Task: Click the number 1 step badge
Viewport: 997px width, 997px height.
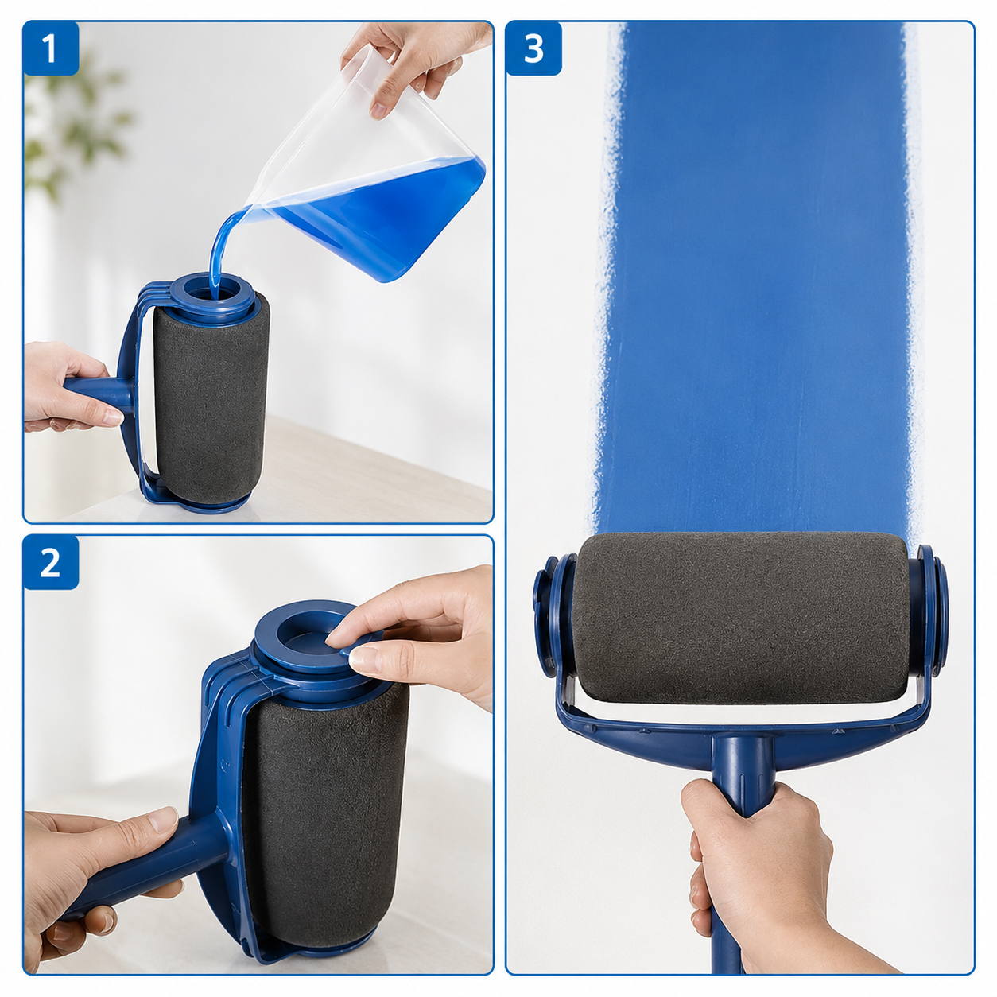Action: pyautogui.click(x=51, y=48)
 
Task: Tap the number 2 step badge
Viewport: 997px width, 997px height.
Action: pyautogui.click(x=51, y=562)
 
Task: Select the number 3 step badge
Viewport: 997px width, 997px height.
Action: pyautogui.click(x=533, y=48)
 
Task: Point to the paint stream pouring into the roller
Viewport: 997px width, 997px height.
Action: pyautogui.click(x=220, y=254)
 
